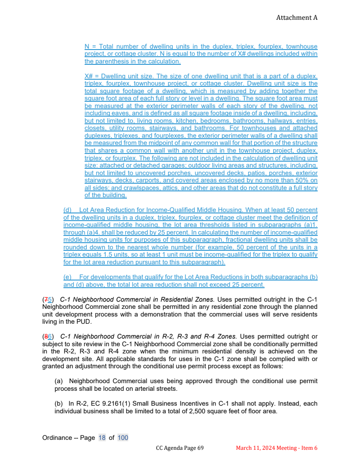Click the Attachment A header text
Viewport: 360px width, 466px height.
(297, 18)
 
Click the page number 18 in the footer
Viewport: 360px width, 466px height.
(102, 438)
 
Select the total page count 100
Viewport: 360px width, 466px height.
(123, 438)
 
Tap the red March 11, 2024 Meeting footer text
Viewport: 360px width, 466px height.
(277, 448)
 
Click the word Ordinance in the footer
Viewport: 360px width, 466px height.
(57, 438)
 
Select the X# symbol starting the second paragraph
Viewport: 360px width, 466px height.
(89, 76)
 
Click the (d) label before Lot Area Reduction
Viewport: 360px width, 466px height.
(67, 210)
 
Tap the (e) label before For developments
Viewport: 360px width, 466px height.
(67, 277)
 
